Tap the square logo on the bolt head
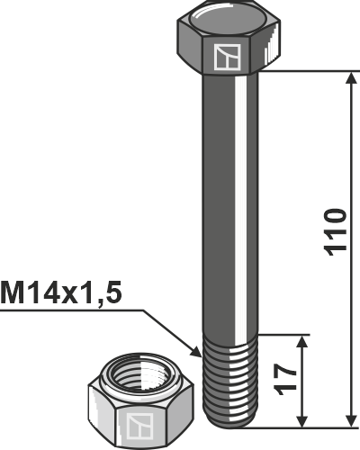click(x=225, y=57)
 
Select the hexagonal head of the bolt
click(x=224, y=40)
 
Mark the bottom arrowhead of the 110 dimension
click(x=348, y=419)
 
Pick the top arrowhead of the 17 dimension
click(x=304, y=343)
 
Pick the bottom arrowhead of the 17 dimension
click(x=304, y=419)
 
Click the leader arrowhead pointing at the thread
click(x=199, y=352)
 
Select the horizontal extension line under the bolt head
click(x=306, y=71)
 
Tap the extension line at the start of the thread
click(x=283, y=335)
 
